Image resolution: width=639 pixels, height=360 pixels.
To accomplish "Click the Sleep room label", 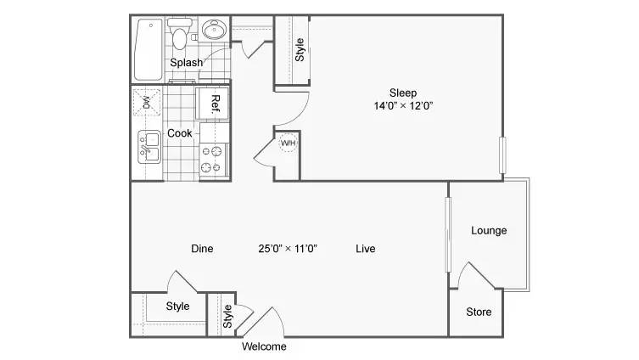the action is point(402,93).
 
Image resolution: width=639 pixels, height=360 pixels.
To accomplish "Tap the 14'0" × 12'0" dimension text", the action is point(403,106).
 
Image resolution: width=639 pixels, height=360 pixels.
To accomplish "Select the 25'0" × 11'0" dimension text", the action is point(288,249).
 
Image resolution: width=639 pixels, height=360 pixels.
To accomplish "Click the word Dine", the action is point(202,249).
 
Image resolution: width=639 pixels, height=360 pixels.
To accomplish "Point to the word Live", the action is point(366,249).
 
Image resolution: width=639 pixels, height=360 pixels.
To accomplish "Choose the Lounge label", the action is point(489,231).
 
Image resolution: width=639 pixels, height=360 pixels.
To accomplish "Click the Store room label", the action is point(479,312).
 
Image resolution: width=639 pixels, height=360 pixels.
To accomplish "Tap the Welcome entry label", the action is point(264,346).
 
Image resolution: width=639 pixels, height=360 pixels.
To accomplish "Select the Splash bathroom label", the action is point(186,63).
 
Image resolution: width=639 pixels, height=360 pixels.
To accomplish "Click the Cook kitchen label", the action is point(180,133).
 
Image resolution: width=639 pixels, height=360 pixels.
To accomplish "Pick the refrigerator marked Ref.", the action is point(212,103).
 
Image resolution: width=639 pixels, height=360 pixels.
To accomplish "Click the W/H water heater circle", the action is point(288,143).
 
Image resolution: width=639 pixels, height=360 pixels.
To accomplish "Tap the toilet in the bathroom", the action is point(179,33).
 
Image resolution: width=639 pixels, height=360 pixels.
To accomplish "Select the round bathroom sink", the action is point(215,30).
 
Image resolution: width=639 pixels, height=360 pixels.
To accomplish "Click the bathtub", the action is point(149,49).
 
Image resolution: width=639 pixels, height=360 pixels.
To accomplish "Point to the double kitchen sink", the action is point(149,147).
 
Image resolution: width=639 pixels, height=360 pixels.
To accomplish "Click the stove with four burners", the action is point(214,160).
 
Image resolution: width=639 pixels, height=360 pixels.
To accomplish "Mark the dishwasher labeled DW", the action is point(146,103).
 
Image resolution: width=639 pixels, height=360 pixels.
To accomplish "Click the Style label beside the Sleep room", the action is point(300,50).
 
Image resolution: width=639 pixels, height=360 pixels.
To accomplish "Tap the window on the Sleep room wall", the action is point(502,155).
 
